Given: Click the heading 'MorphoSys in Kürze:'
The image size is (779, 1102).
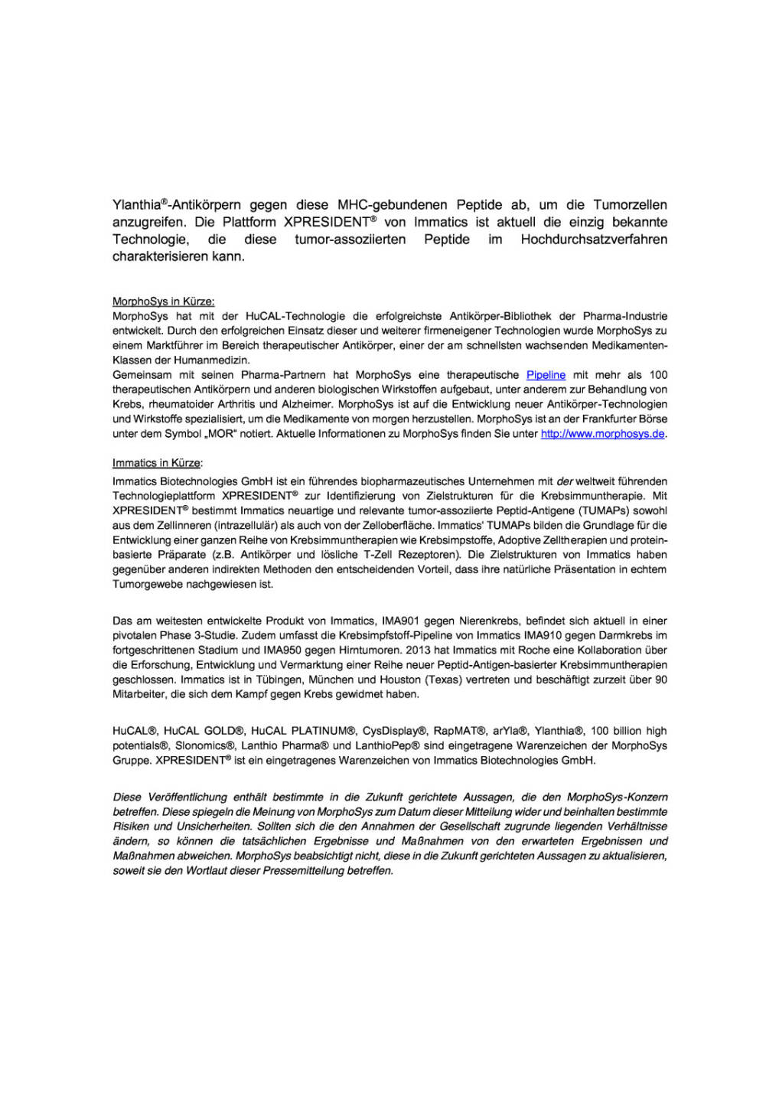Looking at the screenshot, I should tap(163, 302).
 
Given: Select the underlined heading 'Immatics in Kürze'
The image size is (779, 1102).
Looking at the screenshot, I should tap(156, 463).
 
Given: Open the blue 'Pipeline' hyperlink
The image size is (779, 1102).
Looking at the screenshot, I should tap(546, 375).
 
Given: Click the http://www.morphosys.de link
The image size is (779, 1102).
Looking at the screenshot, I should tap(602, 434).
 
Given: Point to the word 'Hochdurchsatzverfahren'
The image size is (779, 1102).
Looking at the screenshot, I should tap(594, 240).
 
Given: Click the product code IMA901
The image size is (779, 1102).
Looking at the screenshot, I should tap(400, 621).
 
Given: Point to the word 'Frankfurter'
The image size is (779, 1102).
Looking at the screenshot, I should tap(614, 419).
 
